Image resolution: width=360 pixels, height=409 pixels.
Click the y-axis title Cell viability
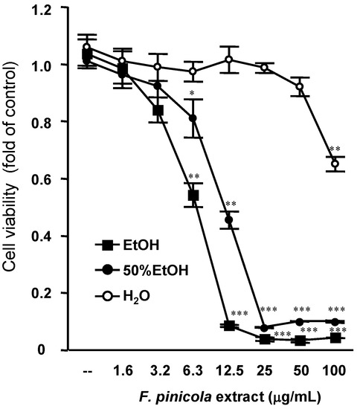16,178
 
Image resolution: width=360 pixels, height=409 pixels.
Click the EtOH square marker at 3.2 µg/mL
158,110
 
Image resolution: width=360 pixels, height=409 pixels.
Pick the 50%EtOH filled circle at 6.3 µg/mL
193,118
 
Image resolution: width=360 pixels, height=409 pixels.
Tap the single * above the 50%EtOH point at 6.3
192,94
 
